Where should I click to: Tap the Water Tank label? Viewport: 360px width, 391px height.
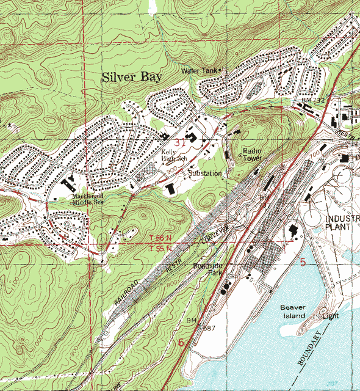point(199,71)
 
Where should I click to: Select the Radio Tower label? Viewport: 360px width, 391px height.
point(252,154)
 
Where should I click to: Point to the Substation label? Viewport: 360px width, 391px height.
point(204,174)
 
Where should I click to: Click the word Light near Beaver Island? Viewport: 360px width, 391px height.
point(331,316)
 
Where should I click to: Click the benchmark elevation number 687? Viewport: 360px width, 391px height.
point(211,328)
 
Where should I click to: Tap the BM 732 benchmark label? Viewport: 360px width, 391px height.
point(311,99)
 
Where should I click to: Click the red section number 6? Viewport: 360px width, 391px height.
point(181,343)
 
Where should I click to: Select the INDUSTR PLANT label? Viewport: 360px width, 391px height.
point(342,224)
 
